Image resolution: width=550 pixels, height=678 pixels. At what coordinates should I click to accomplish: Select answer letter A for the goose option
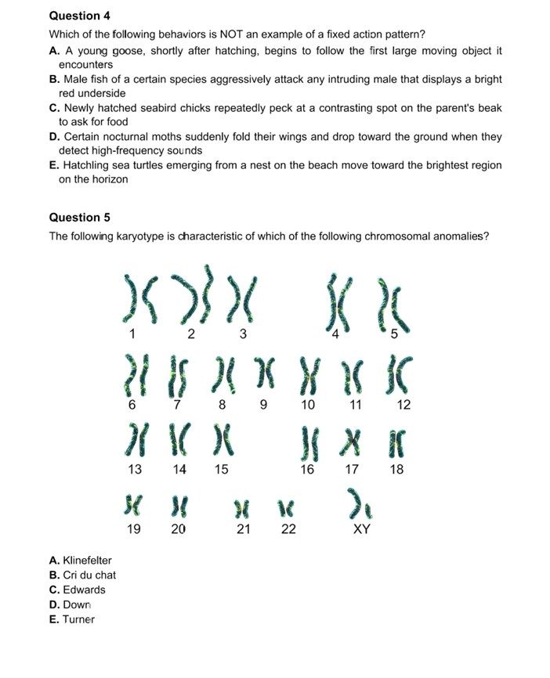point(53,51)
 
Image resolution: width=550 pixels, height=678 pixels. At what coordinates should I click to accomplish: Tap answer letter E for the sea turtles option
point(53,165)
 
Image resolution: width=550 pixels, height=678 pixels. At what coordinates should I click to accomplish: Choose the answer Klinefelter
point(85,561)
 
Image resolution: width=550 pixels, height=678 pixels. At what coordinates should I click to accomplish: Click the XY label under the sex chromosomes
point(360,529)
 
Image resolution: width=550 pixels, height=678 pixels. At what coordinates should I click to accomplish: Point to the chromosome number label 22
point(288,529)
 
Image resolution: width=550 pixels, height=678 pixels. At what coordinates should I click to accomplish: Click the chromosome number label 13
point(135,470)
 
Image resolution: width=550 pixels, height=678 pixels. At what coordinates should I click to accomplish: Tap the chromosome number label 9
point(264,406)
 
